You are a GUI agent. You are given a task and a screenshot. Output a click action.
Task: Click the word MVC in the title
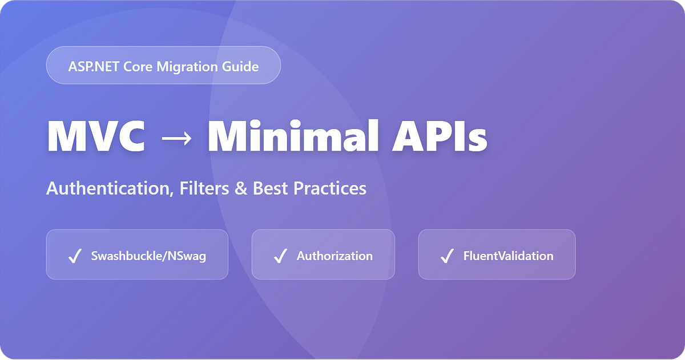click(96, 136)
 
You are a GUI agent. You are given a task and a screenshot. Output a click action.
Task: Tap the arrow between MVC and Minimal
click(177, 138)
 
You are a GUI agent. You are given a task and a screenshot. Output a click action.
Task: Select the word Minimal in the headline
click(293, 135)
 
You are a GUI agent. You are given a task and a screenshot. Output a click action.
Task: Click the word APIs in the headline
click(440, 136)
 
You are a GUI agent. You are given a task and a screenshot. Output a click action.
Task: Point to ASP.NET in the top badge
click(94, 66)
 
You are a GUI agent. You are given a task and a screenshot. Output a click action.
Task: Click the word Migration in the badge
click(187, 67)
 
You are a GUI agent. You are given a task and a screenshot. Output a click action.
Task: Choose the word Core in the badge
click(138, 67)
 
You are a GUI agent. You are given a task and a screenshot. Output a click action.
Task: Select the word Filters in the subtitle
click(204, 188)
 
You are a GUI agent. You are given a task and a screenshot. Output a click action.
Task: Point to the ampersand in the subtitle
click(241, 188)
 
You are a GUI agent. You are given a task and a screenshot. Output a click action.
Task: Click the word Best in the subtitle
click(271, 188)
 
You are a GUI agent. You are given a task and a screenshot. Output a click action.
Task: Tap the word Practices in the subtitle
click(330, 188)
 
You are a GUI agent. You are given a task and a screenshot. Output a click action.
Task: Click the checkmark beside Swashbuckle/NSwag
click(75, 256)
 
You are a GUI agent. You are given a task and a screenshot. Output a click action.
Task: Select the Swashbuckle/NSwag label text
click(148, 256)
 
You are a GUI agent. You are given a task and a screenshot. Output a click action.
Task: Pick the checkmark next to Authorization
click(280, 256)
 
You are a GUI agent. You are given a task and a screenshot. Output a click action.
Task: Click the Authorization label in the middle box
click(335, 256)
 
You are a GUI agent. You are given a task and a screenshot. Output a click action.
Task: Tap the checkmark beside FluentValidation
click(447, 256)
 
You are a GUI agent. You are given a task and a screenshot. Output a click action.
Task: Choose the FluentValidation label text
click(508, 256)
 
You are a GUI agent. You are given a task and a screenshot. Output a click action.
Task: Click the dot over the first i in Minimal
click(255, 124)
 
